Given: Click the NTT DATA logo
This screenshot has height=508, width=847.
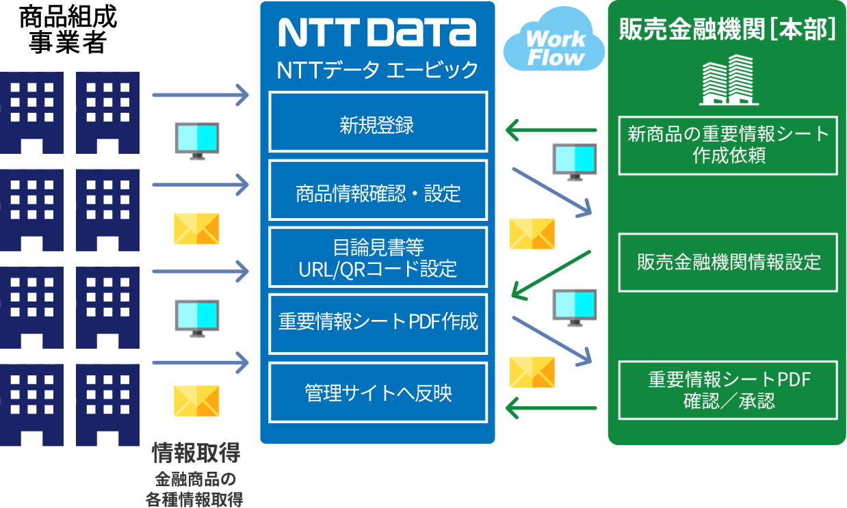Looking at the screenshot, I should point(377,32).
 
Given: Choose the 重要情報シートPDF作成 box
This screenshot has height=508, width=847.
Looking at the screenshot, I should point(378,323).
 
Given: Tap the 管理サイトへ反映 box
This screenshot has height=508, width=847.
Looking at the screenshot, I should point(378,392).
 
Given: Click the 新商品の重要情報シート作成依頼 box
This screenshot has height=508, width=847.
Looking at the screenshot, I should point(728,144).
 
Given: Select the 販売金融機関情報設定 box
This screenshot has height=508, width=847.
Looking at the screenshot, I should point(728,263).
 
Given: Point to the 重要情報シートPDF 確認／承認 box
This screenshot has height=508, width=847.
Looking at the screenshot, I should point(728,390).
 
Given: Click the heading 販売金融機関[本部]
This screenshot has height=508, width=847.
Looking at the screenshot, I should point(727,29).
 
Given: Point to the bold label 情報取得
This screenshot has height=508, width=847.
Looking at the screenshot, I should point(196,453).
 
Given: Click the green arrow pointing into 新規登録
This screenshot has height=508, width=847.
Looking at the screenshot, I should point(551,129).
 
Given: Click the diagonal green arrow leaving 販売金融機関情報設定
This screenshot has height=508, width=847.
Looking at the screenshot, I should point(551,275).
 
